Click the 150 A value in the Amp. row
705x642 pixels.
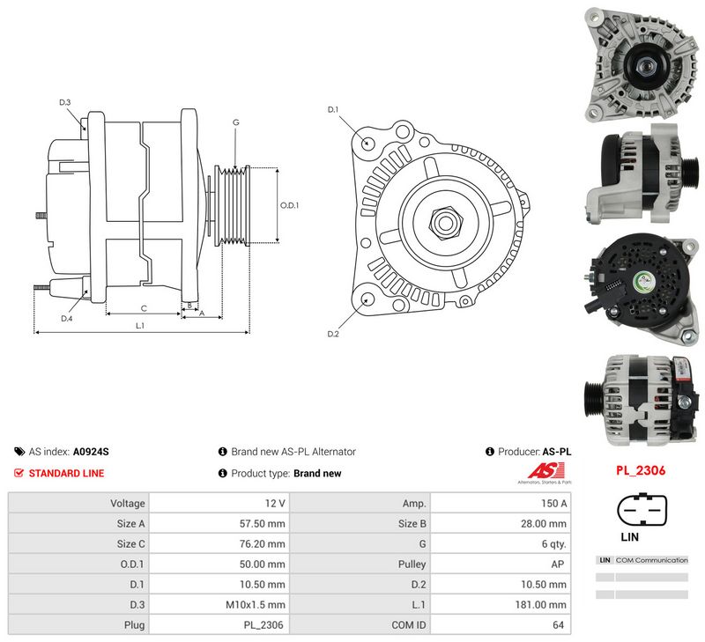[x=553, y=503]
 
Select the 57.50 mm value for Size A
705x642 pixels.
[x=262, y=523]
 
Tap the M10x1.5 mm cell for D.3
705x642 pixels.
[x=256, y=605]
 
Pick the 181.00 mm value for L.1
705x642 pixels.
[x=540, y=605]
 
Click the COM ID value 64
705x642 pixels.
[x=558, y=625]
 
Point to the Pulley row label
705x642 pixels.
[x=412, y=565]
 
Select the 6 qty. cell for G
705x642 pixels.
[x=553, y=544]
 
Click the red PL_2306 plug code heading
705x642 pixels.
[x=641, y=470]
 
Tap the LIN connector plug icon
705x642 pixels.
[x=642, y=510]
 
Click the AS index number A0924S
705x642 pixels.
[x=91, y=452]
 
